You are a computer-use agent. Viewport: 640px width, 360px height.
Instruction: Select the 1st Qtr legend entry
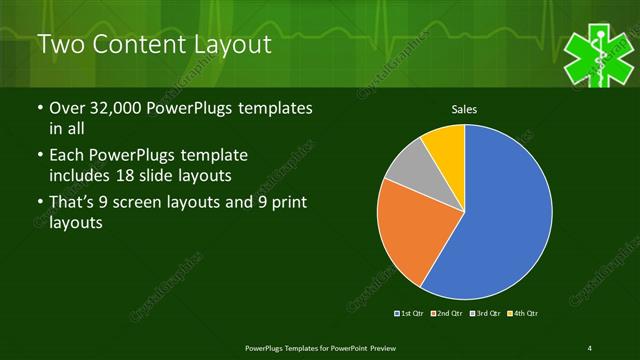tap(410, 314)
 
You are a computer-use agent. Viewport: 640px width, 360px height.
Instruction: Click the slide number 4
tap(590, 347)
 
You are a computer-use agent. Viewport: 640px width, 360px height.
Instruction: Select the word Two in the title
tap(60, 45)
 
